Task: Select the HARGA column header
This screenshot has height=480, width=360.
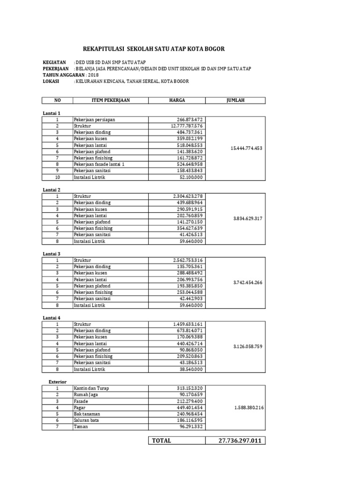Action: [x=177, y=100]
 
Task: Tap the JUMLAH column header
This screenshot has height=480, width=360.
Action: [x=235, y=100]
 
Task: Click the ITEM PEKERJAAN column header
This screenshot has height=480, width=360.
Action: [x=111, y=100]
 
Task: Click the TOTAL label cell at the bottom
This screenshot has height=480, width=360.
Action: [x=161, y=441]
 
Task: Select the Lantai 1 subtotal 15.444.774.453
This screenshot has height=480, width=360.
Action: [x=247, y=149]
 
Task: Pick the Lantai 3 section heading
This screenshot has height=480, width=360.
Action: [x=52, y=254]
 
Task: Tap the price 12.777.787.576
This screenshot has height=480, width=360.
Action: [x=187, y=126]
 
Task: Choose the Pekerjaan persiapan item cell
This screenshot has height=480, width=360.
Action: [x=94, y=120]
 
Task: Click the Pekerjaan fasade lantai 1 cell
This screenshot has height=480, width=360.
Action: [x=99, y=165]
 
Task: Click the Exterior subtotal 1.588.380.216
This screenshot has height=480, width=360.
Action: [x=248, y=408]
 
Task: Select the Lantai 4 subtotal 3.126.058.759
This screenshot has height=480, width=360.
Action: [x=247, y=347]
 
